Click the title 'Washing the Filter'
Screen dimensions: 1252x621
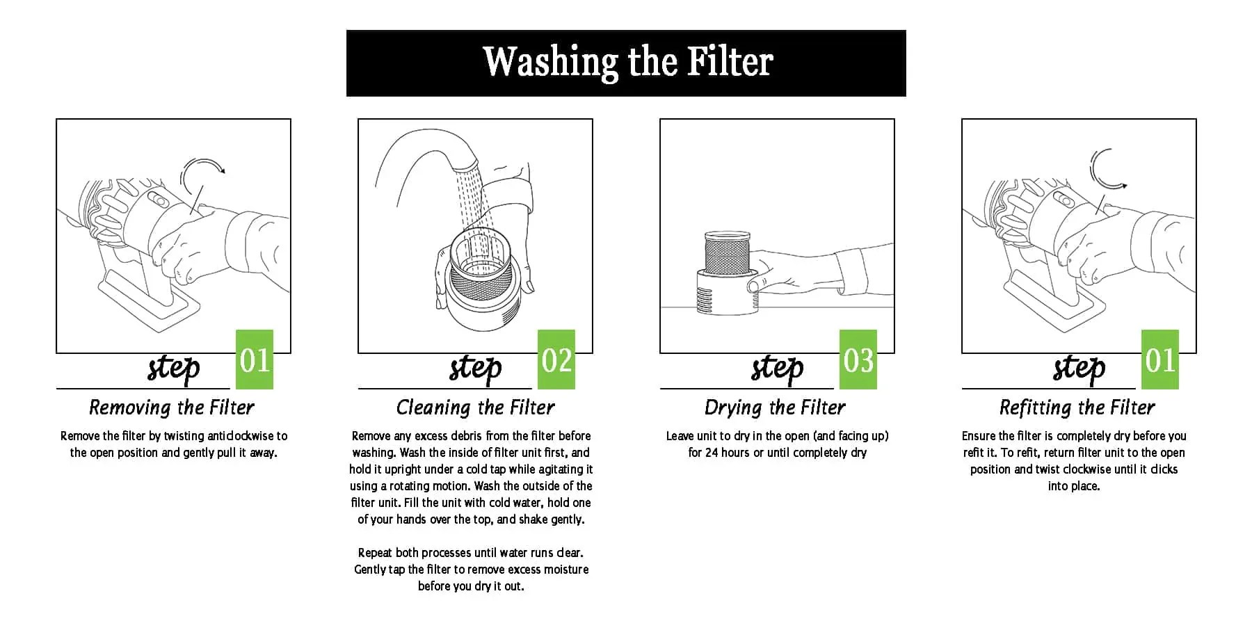627,61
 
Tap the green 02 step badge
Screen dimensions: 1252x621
556,360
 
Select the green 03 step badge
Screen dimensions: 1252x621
858,360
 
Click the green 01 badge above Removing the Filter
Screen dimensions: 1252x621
255,360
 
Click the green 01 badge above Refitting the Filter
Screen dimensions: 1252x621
1160,360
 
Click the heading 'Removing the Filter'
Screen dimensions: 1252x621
172,407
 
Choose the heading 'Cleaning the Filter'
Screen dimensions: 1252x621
476,407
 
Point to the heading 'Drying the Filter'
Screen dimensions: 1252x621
776,407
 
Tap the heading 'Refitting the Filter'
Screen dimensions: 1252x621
1077,407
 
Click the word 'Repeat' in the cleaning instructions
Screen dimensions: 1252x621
376,553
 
